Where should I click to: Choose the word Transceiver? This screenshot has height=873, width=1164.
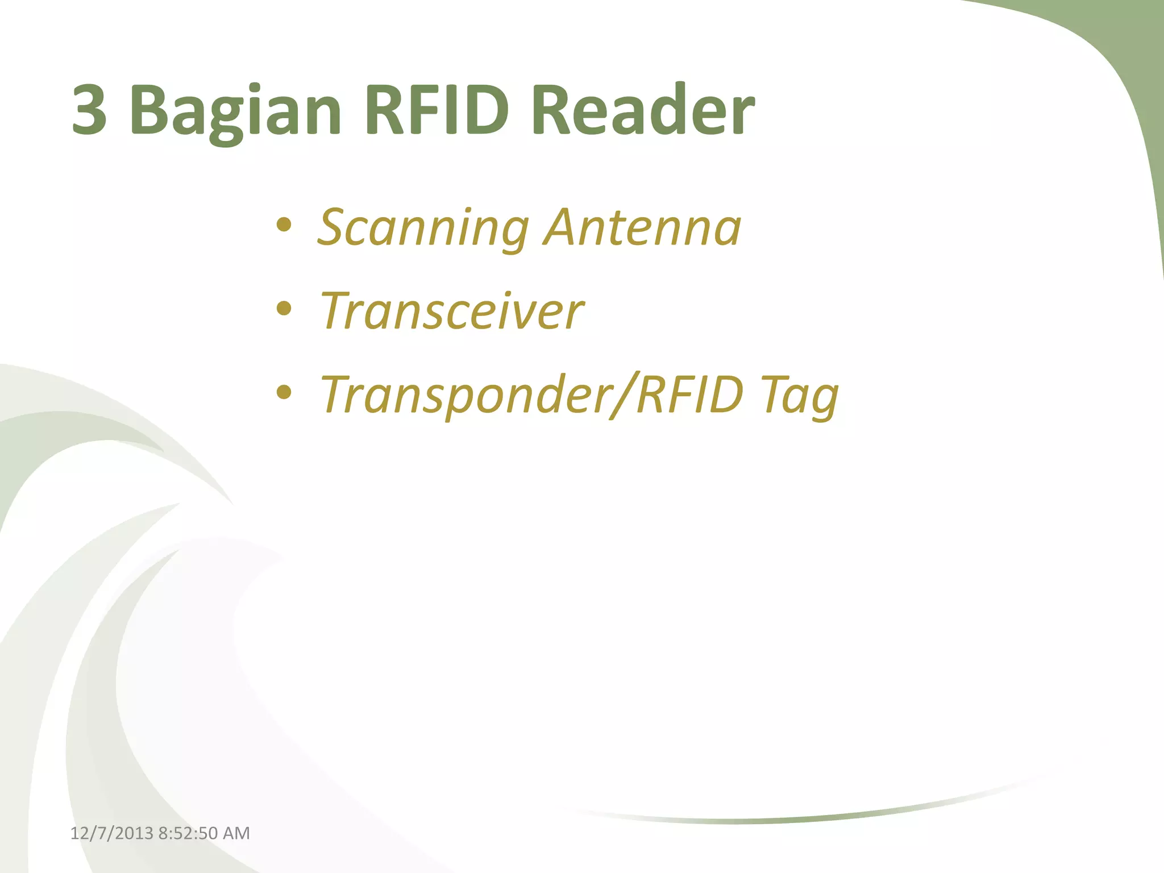click(452, 311)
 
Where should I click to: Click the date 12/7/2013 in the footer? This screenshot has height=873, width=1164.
click(111, 833)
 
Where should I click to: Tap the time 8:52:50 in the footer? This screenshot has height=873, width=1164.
click(188, 833)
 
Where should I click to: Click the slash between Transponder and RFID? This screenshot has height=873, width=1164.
click(622, 394)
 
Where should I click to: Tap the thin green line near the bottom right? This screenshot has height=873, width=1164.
click(796, 819)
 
